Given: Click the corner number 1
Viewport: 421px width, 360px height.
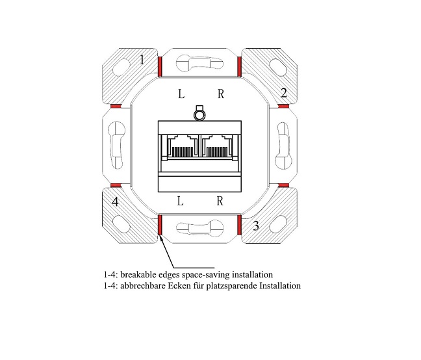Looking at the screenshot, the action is pos(142,60).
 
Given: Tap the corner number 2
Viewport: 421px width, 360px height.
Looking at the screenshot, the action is pos(284,93).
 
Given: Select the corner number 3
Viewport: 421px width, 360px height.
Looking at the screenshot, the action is pos(256,225).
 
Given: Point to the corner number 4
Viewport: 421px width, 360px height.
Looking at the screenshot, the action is pos(115,201).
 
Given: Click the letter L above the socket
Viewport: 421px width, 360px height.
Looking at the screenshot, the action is pos(181,94).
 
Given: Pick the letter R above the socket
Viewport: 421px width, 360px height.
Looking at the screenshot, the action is pos(221,94).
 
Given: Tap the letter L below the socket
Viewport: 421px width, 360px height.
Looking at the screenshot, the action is pos(180,201).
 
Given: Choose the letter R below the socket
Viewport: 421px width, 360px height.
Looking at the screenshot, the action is pos(220,201).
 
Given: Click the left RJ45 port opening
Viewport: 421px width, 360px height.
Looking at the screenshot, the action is pos(183,146).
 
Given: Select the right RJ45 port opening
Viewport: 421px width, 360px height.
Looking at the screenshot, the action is pos(217,146).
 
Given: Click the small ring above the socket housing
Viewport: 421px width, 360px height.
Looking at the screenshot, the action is pos(199,115).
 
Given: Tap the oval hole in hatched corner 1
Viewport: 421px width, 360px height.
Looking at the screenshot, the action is pos(121,67).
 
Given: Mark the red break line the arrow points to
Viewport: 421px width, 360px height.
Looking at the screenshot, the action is pos(160,225).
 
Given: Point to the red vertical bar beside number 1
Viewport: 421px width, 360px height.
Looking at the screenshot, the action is pos(160,66).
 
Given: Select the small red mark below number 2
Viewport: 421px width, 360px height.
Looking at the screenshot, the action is pos(283,107).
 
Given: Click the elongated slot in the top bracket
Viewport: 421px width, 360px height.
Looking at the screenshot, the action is pos(199,64).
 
